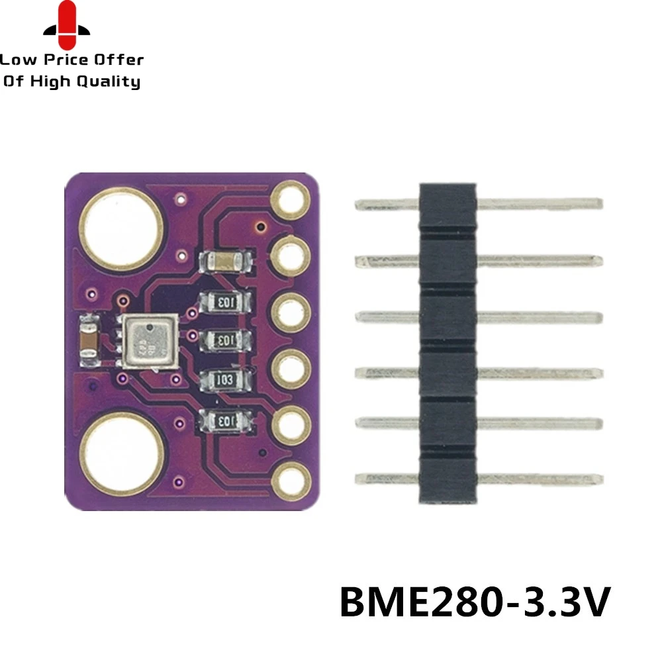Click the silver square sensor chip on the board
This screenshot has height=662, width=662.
149,341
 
